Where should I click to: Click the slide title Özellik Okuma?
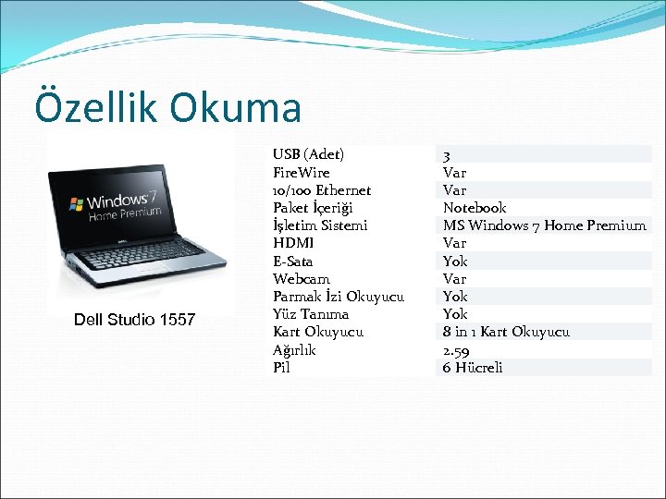tap(167, 106)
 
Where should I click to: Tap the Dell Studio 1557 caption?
tap(134, 320)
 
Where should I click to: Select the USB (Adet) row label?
tap(308, 154)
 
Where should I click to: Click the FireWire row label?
tap(301, 173)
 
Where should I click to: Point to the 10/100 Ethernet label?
tap(322, 190)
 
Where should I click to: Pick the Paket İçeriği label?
tap(313, 208)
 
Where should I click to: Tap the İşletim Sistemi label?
tap(320, 225)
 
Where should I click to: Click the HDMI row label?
tap(293, 243)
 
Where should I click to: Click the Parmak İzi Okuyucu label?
tap(339, 297)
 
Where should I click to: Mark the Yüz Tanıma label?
tap(311, 314)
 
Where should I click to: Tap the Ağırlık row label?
tap(294, 350)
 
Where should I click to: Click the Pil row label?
tap(281, 368)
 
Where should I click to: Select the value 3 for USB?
tap(447, 155)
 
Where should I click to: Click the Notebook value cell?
tap(474, 208)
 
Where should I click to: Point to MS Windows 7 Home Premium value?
tap(544, 225)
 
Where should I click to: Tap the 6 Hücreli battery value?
tap(472, 368)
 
